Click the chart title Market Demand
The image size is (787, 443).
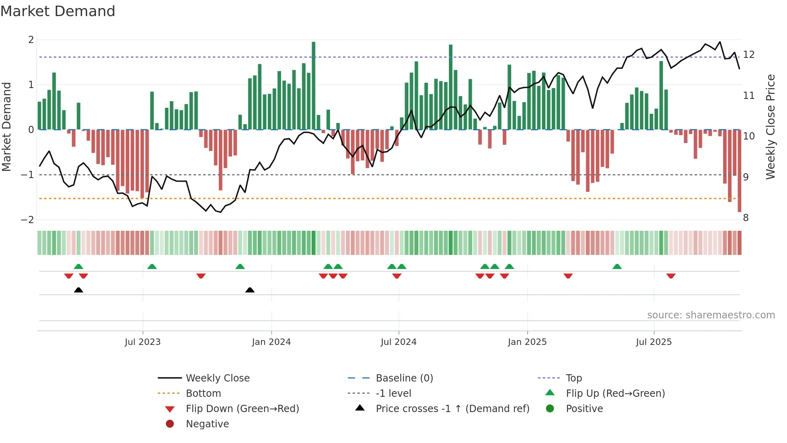(x=58, y=11)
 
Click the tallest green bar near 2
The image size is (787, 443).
(x=314, y=85)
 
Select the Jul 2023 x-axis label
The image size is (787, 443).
(x=143, y=342)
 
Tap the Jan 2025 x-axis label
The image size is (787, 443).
(x=527, y=342)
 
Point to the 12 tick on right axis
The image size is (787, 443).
(x=748, y=55)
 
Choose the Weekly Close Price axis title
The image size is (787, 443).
(x=770, y=127)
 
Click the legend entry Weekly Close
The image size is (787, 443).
(x=217, y=378)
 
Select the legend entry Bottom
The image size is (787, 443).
(x=203, y=394)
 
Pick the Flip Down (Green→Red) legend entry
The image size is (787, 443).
(x=242, y=409)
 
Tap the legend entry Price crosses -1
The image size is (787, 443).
(x=452, y=409)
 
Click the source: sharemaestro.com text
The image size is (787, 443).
(x=711, y=315)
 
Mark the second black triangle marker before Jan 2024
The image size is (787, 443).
(x=250, y=290)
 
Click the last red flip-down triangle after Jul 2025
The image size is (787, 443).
(x=671, y=276)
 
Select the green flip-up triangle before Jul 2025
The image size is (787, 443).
(x=617, y=267)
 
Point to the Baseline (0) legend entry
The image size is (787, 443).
(x=404, y=378)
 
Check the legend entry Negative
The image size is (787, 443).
(x=207, y=424)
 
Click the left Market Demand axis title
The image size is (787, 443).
(x=7, y=127)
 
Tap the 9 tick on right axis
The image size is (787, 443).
(x=746, y=177)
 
